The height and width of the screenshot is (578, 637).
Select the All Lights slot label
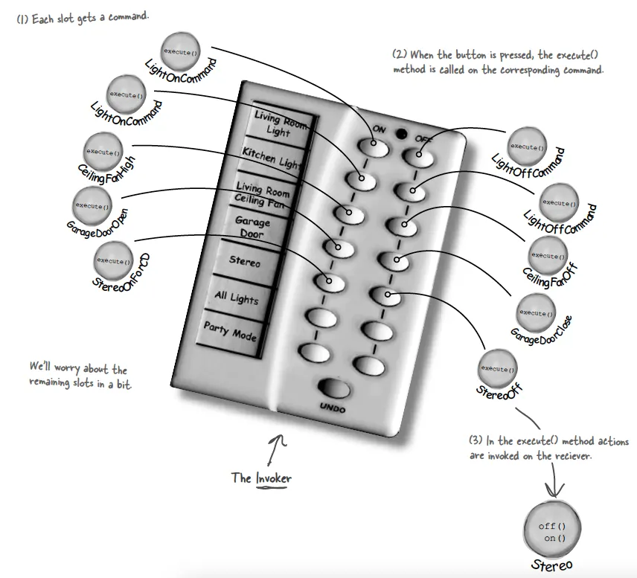coord(237,298)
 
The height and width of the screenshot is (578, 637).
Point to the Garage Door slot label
coord(252,227)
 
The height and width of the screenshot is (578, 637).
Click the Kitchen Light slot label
coord(269,157)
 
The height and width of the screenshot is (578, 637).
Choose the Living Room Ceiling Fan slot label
coord(261,194)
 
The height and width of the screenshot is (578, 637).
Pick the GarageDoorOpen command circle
coord(93,205)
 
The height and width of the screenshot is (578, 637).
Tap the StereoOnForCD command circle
coord(113,261)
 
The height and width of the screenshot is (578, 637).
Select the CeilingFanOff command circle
coord(547,255)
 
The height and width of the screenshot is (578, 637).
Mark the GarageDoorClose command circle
coord(536,312)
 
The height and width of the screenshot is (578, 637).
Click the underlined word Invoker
coord(273,478)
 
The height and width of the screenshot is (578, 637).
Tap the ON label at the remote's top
coord(380,128)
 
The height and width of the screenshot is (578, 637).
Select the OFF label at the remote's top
coord(423,138)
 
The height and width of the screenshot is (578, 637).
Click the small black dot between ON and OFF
coord(401,135)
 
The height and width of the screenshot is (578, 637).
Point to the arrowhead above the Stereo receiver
coord(552,491)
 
